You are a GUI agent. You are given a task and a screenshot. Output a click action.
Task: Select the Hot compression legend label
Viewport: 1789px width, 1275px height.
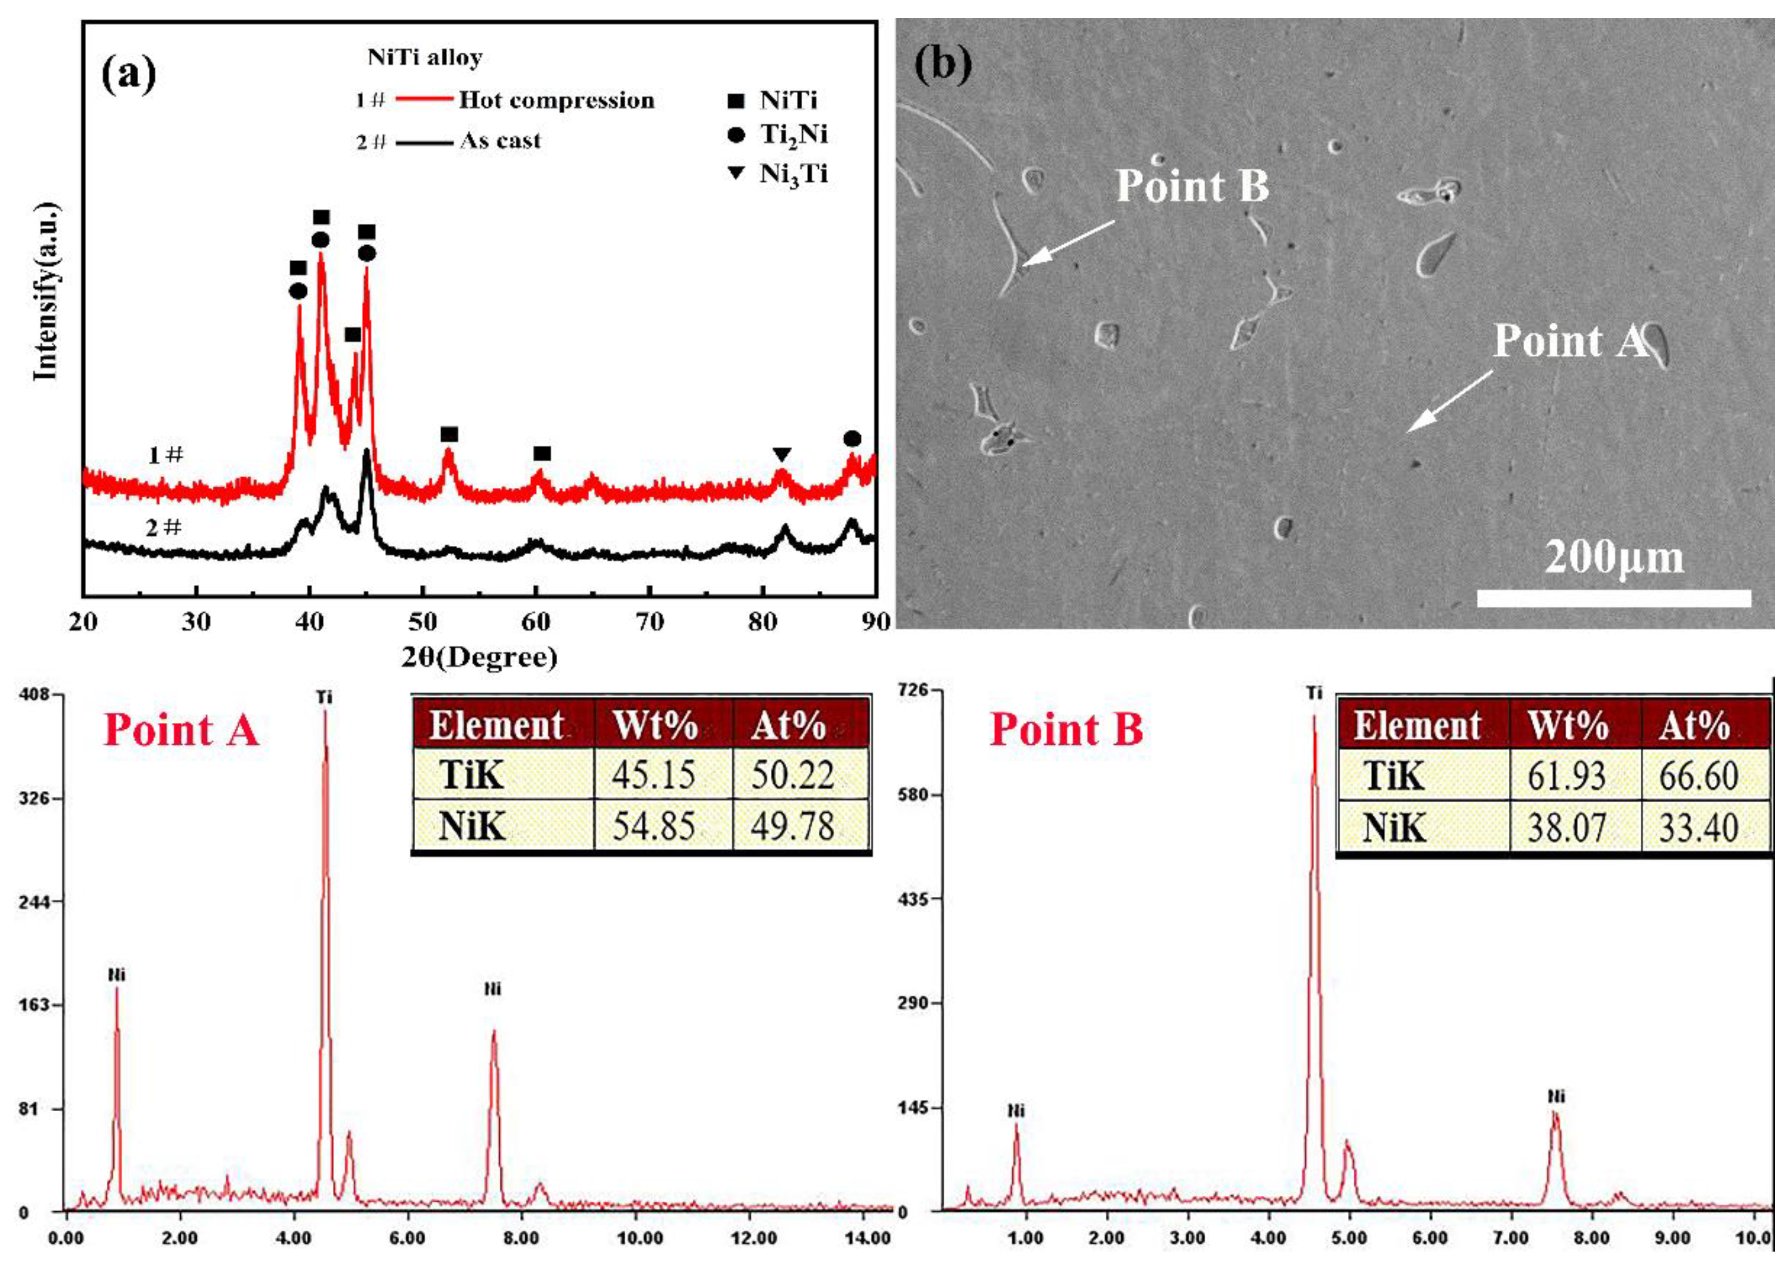pos(556,101)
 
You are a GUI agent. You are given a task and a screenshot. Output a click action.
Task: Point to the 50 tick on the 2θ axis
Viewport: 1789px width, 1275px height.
pos(422,622)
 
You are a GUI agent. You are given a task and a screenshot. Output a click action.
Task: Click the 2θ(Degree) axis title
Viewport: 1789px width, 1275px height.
pos(480,657)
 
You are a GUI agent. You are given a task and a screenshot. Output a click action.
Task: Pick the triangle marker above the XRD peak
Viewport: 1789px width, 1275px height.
pos(780,454)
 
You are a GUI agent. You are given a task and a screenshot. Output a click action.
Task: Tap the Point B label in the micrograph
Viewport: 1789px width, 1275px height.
pos(1191,186)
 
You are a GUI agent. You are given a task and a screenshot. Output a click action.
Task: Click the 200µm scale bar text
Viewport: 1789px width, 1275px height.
pos(1614,558)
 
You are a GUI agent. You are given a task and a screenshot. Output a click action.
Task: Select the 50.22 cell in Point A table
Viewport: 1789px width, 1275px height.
pos(793,775)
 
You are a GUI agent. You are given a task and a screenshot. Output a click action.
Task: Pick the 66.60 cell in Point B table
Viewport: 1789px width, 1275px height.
pos(1698,776)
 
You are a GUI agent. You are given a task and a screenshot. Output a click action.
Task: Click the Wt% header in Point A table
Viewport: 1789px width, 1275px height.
pos(655,724)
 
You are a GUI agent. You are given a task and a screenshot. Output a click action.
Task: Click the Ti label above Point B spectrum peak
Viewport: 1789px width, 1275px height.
pos(1314,693)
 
